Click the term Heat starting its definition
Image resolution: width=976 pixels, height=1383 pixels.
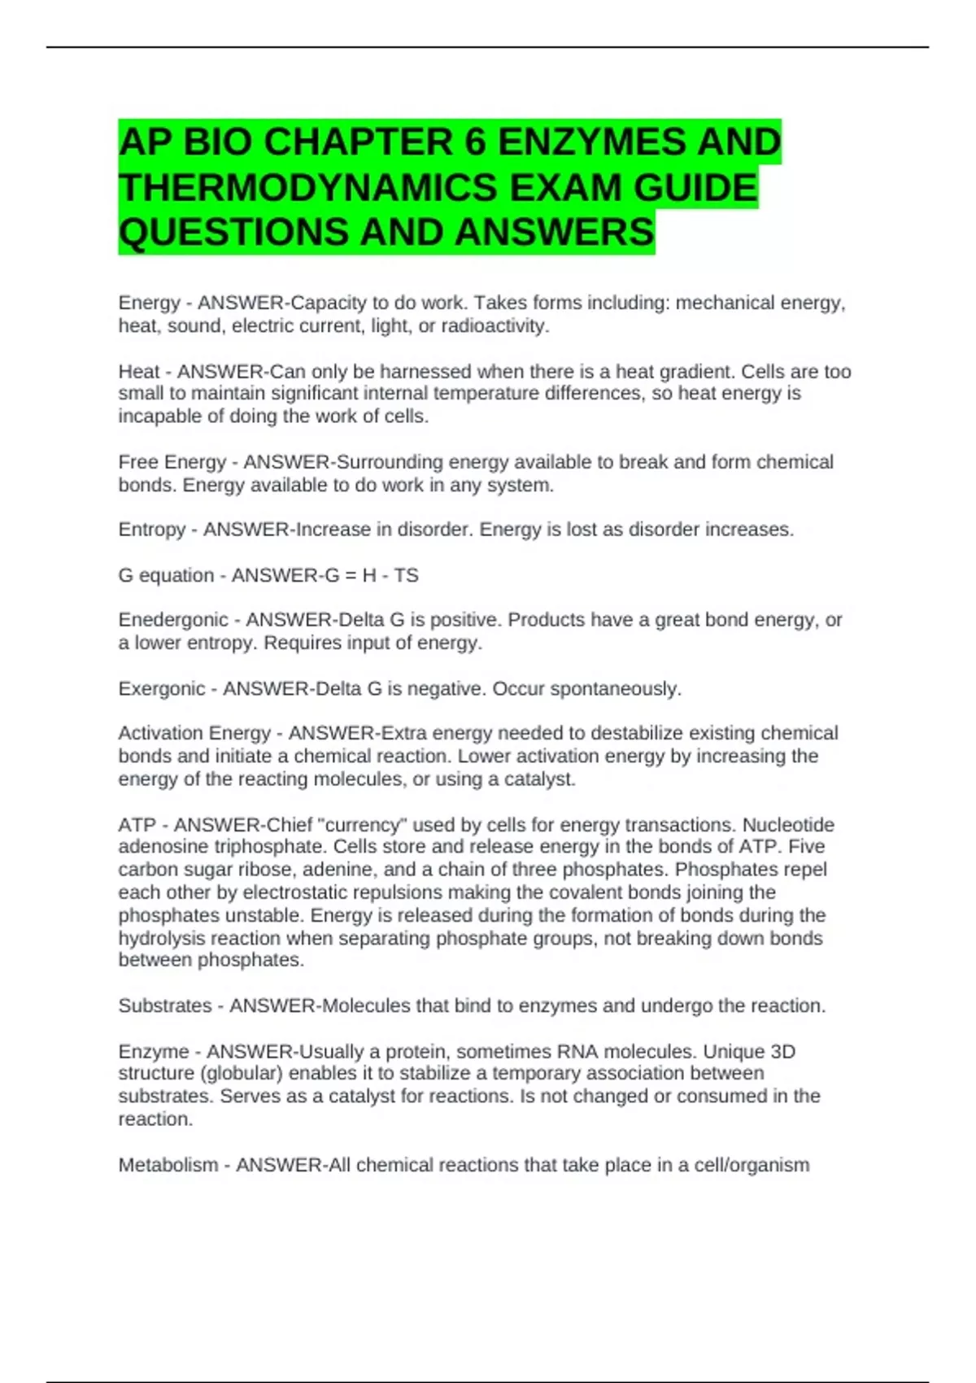click(139, 372)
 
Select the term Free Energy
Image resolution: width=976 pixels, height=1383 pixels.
click(172, 462)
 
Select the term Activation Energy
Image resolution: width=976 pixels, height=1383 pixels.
click(194, 733)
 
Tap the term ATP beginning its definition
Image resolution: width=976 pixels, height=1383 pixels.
click(137, 825)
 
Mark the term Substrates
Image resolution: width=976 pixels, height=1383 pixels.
click(164, 1006)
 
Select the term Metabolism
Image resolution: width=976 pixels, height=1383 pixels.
click(168, 1165)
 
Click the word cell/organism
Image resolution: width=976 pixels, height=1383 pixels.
click(752, 1165)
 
